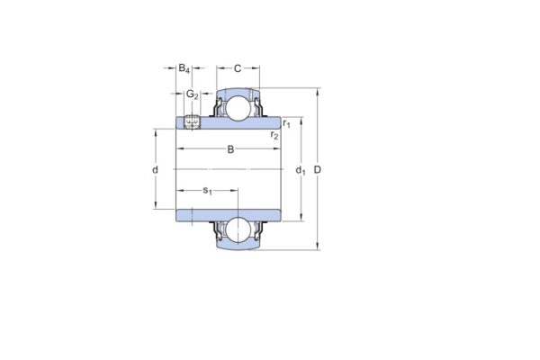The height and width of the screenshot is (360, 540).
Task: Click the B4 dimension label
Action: pyautogui.click(x=184, y=68)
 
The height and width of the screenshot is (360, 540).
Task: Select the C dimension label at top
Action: pyautogui.click(x=237, y=68)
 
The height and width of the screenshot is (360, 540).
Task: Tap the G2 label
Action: pyautogui.click(x=192, y=94)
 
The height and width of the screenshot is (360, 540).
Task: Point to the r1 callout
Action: pyautogui.click(x=286, y=123)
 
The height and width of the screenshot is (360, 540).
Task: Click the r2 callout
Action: pyautogui.click(x=274, y=136)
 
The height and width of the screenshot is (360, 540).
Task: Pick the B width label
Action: pyautogui.click(x=230, y=148)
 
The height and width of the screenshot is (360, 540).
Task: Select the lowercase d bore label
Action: pyautogui.click(x=155, y=170)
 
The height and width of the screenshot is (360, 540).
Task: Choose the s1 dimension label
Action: pyautogui.click(x=207, y=190)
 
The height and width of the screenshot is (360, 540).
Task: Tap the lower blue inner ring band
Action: pyautogui.click(x=229, y=213)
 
